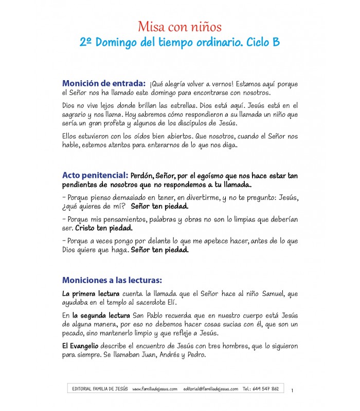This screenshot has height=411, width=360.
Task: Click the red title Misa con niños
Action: pyautogui.click(x=179, y=26)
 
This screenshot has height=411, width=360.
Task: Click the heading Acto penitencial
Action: pyautogui.click(x=95, y=175)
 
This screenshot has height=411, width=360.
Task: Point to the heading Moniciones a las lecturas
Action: pyautogui.click(x=112, y=280)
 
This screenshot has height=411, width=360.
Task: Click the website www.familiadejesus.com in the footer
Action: pyautogui.click(x=155, y=389)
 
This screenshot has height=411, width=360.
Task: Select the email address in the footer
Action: pyautogui.click(x=211, y=389)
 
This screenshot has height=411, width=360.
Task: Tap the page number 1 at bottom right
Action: pyautogui.click(x=293, y=390)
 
